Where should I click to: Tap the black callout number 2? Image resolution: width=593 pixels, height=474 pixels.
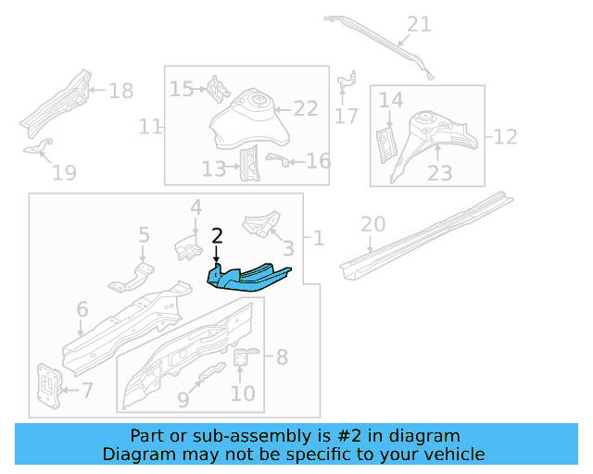217,236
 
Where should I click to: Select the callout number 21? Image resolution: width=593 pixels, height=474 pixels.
419,24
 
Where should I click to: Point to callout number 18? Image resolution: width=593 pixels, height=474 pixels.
121,91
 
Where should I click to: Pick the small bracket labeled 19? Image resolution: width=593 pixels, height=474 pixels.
38,148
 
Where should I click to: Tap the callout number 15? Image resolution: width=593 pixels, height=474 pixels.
181,89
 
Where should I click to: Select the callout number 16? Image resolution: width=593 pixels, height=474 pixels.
318,161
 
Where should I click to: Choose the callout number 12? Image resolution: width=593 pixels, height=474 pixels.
505,137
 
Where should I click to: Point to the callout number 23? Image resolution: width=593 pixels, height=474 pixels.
439,173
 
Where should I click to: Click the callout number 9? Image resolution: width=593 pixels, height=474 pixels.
183,399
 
